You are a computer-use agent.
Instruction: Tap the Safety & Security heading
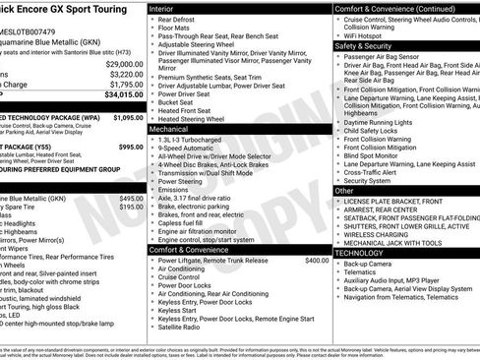370,45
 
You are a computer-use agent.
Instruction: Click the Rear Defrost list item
180,20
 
